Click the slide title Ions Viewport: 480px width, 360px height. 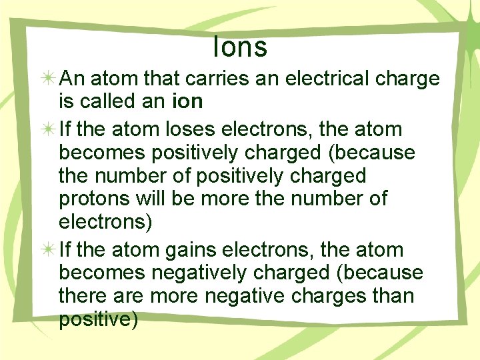[x=240, y=47]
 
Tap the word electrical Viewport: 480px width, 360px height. [x=327, y=79]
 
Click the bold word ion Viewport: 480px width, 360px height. [x=187, y=101]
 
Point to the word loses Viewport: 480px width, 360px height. [x=191, y=129]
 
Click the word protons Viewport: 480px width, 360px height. [x=94, y=199]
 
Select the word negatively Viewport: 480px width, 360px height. [x=199, y=273]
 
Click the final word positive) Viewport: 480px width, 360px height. [x=98, y=319]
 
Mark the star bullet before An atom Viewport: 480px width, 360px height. [x=48, y=79]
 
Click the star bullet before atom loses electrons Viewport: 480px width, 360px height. [x=48, y=130]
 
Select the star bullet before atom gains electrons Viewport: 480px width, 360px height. [x=48, y=250]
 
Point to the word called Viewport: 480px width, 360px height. [x=107, y=101]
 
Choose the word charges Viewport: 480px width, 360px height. [x=329, y=297]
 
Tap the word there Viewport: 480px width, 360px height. [x=83, y=296]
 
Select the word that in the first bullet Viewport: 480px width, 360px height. [x=161, y=79]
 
